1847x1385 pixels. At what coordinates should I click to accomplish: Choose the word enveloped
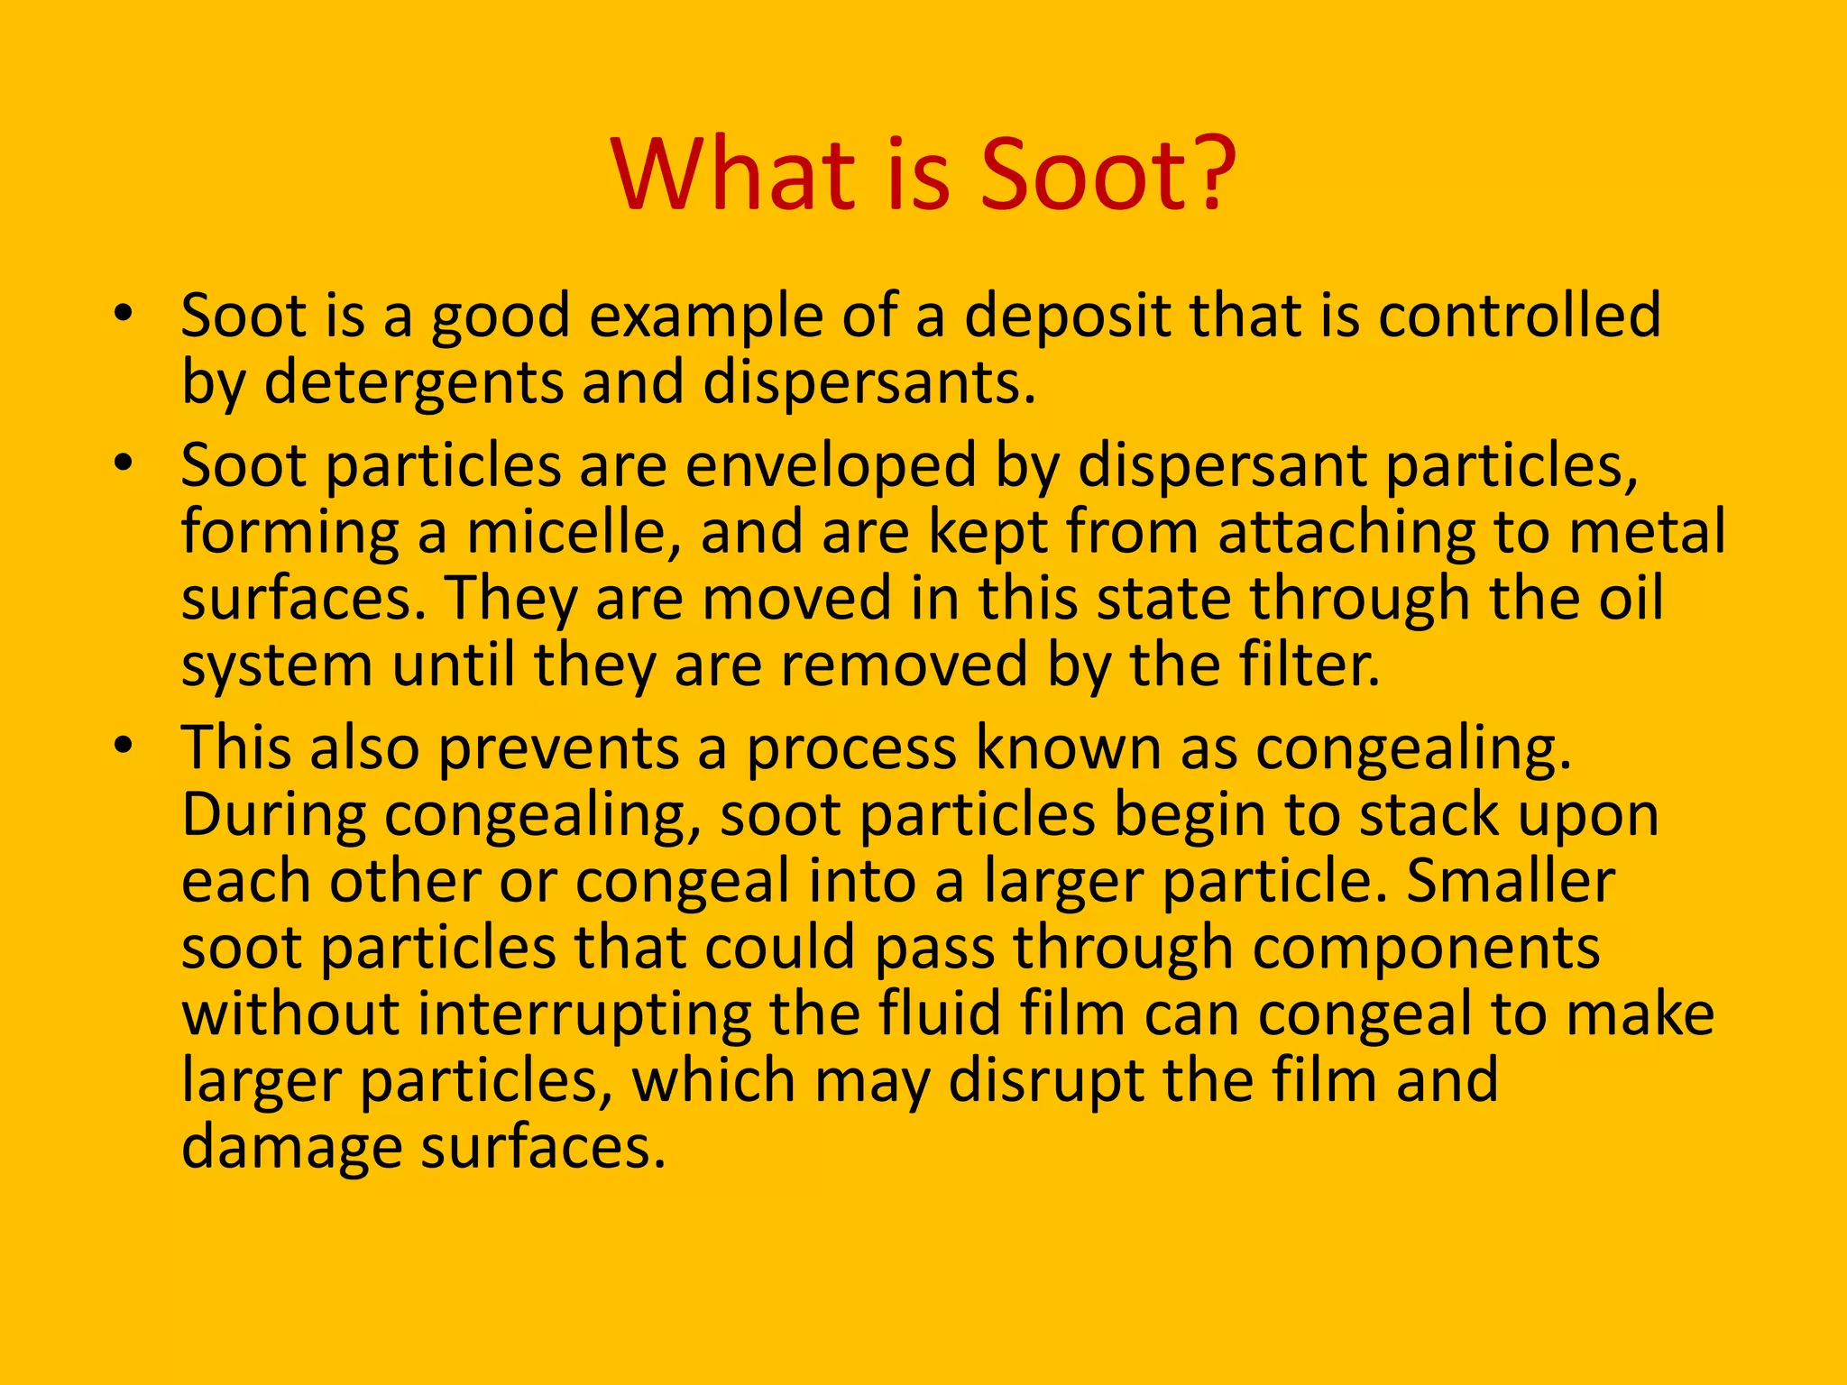pyautogui.click(x=830, y=466)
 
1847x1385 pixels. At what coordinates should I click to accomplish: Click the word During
pyautogui.click(x=272, y=816)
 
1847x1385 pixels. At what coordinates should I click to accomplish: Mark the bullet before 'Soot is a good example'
pyautogui.click(x=124, y=315)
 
